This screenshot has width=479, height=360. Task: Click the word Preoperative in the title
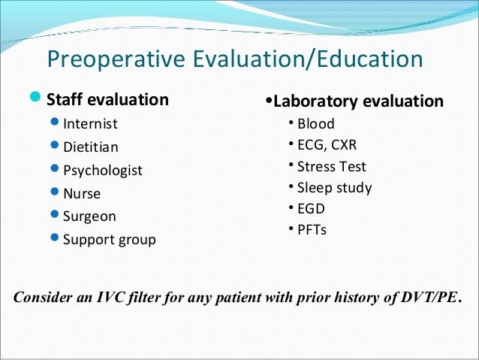coord(116,59)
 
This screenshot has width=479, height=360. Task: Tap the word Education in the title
coord(370,59)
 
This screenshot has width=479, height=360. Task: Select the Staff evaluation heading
coord(107,100)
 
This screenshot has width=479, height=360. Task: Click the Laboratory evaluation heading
coord(358,101)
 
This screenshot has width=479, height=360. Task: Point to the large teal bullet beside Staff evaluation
coord(35,97)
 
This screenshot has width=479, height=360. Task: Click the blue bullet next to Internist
coord(55,122)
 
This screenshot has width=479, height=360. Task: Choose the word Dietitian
coord(91,147)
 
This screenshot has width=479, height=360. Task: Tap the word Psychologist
coord(103,171)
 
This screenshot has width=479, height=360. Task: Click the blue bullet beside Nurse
coord(55,192)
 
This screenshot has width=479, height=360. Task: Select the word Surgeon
coord(89,216)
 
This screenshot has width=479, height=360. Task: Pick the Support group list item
coord(110,240)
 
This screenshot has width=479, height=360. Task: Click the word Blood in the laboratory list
coord(316,124)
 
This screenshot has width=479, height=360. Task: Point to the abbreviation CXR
coord(344,145)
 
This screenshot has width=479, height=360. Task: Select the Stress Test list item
coord(331,167)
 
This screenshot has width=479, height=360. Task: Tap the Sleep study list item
coord(335,188)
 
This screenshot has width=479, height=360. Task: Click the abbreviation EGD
coord(311,209)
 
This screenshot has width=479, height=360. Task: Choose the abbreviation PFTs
coord(312,230)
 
